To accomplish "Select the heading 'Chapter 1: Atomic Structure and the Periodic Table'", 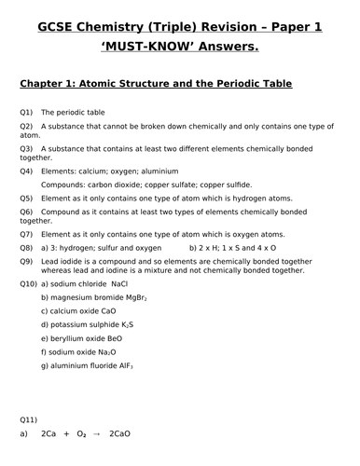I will click(156, 85).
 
